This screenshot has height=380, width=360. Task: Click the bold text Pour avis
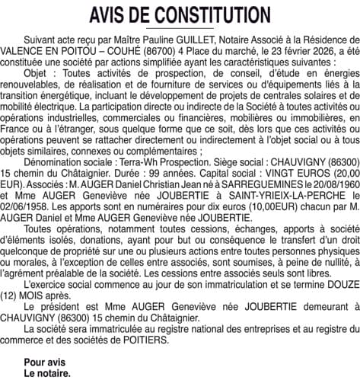(46, 362)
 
